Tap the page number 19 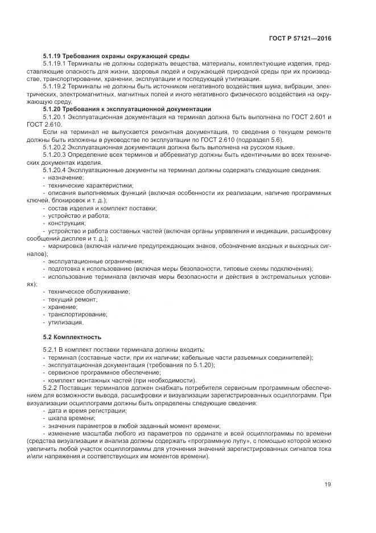(328, 485)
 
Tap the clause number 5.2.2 (52, 388)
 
